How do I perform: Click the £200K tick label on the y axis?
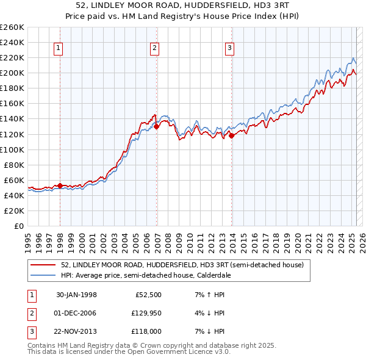[x=12, y=73]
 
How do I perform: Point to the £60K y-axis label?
[x=14, y=180]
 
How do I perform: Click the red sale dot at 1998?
[x=60, y=185]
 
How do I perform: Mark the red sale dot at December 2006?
[x=156, y=126]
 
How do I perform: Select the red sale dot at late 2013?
[x=232, y=135]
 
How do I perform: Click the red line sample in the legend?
[x=43, y=265]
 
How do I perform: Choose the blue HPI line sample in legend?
[x=43, y=275]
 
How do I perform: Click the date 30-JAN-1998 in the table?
[x=76, y=295]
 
